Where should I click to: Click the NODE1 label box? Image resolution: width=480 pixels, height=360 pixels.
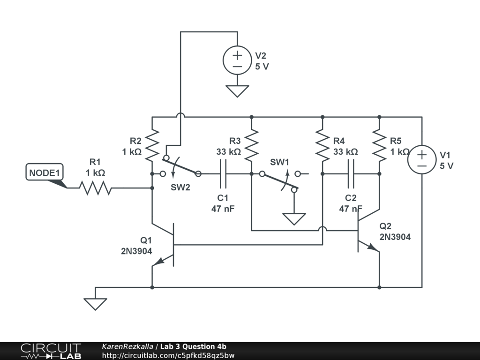[45, 172]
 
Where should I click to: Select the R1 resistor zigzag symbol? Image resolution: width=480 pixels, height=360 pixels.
[96, 188]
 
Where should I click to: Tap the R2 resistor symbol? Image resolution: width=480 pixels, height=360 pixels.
[152, 145]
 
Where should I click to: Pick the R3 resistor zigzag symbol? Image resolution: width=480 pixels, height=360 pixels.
[252, 145]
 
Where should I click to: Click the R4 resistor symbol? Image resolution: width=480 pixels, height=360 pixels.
[322, 145]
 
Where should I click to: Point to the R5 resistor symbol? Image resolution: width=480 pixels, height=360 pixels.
[379, 145]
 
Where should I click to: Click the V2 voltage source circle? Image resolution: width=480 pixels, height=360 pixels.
[237, 60]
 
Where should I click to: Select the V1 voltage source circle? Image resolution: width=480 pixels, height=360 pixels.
[422, 159]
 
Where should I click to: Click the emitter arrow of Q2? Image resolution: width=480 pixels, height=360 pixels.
[373, 247]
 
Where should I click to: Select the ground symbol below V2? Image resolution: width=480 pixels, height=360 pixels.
[237, 91]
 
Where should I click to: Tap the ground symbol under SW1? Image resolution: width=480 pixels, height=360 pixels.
[294, 219]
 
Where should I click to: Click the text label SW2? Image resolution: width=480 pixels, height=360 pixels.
[180, 187]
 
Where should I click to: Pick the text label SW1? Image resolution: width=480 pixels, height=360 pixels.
[279, 162]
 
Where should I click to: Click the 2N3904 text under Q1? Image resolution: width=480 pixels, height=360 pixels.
[136, 251]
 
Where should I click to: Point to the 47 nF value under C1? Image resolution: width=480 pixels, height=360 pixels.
[223, 209]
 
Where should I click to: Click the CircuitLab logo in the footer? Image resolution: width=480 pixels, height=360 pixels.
[51, 351]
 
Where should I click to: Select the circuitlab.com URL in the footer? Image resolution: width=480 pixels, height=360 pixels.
[168, 356]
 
